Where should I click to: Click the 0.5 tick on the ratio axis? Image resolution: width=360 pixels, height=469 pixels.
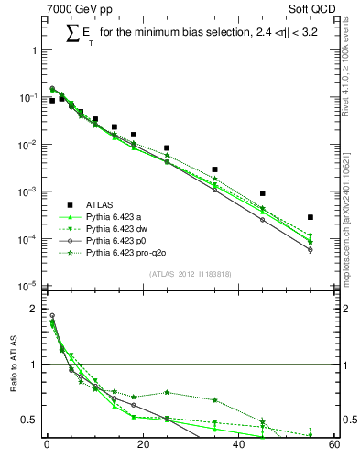coord(29,420)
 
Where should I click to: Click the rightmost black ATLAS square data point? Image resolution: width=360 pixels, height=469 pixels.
coord(311,217)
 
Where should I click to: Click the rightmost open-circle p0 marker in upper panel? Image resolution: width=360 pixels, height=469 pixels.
coord(311,249)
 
